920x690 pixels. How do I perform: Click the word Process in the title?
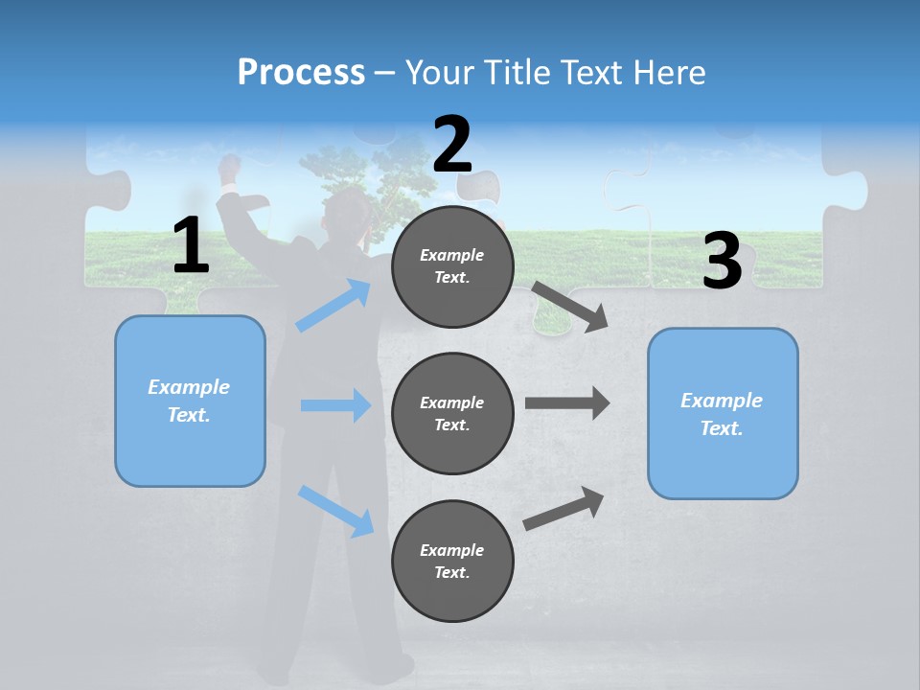pos(301,73)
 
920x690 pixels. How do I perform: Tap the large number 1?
pos(191,246)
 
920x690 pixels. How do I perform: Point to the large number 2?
pos(452,145)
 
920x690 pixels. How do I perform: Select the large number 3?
pos(722,261)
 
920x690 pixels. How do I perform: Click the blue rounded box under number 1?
pos(190,401)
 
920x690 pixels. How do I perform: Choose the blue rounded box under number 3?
pos(723,413)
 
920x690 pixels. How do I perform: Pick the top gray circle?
pos(452,266)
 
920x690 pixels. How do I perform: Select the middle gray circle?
pos(452,413)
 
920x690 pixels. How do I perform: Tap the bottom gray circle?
pos(452,561)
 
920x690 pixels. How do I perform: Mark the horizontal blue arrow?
pos(335,405)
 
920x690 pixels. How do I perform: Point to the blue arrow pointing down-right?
pos(335,511)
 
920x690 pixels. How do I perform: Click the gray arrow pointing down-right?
pos(570,307)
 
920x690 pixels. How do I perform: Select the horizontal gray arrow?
pos(566,402)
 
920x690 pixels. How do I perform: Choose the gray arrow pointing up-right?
pos(563,509)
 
